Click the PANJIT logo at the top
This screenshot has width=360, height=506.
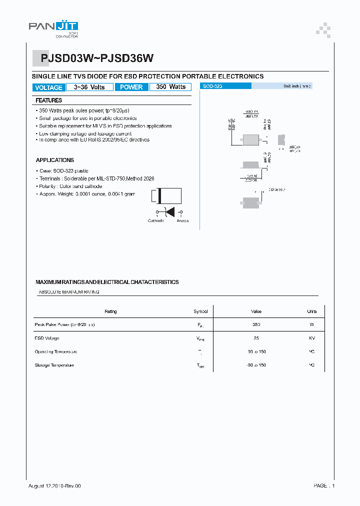[x=53, y=27]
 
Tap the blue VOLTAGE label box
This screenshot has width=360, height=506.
[x=48, y=87]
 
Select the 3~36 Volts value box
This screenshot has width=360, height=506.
[x=89, y=87]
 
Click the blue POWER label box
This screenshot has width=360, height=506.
[x=131, y=87]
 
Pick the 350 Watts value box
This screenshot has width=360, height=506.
[x=170, y=87]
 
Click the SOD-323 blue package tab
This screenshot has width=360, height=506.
[x=225, y=86]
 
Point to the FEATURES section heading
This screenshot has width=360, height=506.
[x=49, y=100]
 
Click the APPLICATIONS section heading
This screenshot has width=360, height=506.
[x=55, y=160]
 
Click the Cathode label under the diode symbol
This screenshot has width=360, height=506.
[x=155, y=220]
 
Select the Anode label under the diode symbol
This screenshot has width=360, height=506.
[x=182, y=220]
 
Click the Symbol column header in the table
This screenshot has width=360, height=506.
[x=200, y=311]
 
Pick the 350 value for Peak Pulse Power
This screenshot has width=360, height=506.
[x=256, y=325]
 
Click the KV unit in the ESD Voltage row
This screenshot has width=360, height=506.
[x=311, y=338]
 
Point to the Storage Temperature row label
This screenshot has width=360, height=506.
[x=54, y=365]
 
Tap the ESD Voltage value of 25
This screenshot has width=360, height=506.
[x=256, y=338]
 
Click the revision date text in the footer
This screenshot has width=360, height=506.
[x=54, y=486]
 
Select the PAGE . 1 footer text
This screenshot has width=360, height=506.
[x=324, y=486]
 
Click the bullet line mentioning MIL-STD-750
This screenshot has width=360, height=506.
[x=96, y=178]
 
